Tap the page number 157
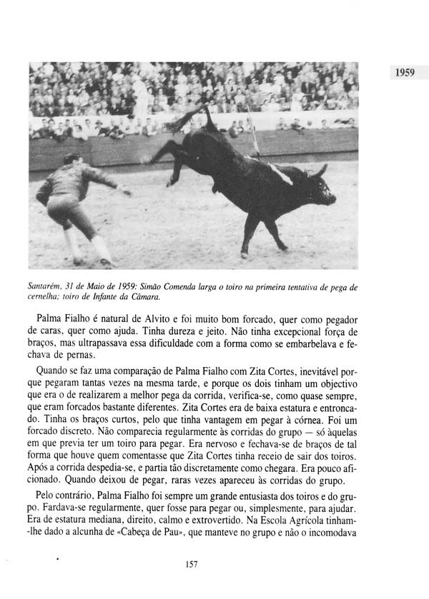(x=191, y=565)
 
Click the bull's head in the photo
(x=318, y=186)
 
